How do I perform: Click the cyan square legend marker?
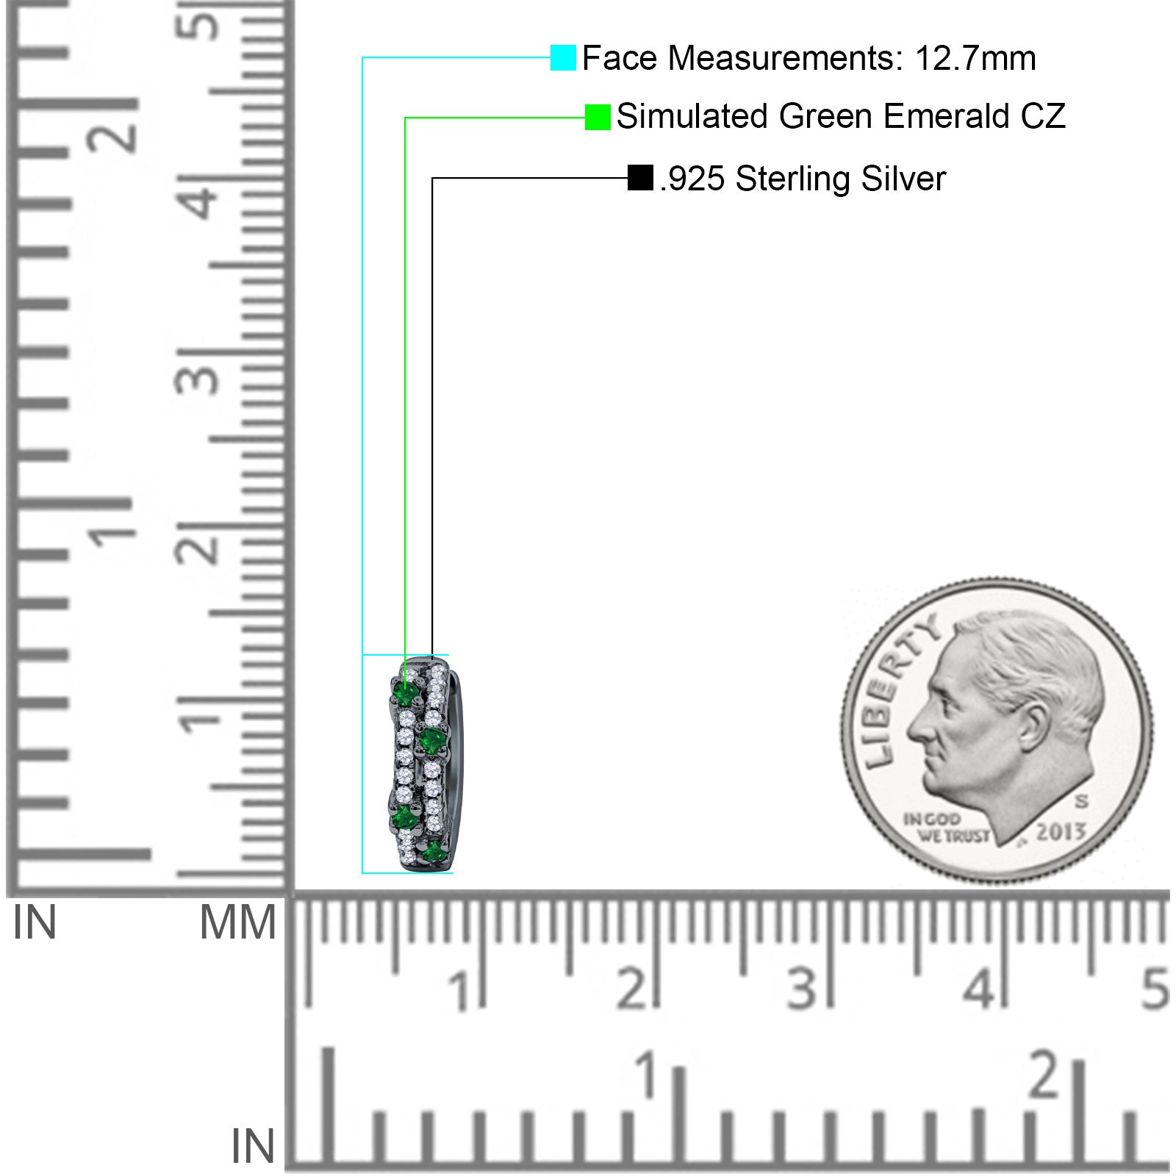coord(563,57)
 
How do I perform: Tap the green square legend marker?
coord(598,117)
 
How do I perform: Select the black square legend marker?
coord(640,178)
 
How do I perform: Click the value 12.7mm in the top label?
coord(975,58)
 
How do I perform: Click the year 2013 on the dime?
coord(1061,831)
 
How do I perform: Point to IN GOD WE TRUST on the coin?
coord(945,827)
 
